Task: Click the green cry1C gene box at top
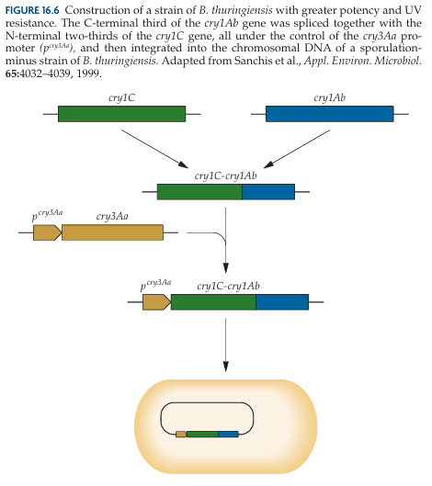tap(122, 114)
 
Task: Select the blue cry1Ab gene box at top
tap(330, 114)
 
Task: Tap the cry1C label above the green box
tap(121, 98)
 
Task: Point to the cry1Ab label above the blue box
tap(329, 98)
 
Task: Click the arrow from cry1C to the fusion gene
tap(154, 149)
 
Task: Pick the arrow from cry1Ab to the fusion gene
tap(297, 149)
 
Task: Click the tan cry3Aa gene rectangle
tap(112, 232)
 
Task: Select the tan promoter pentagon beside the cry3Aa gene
tap(48, 232)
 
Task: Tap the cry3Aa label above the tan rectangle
tap(112, 216)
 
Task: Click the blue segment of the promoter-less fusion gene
tap(268, 192)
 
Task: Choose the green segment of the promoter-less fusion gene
tap(199, 192)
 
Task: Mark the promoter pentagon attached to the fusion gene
tap(157, 302)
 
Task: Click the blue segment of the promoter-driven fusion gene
tap(282, 302)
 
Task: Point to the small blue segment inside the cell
tap(228, 434)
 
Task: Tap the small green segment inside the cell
tap(202, 434)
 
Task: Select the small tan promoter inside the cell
tap(181, 434)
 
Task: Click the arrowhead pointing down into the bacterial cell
tap(226, 367)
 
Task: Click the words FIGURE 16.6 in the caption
tap(32, 10)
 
